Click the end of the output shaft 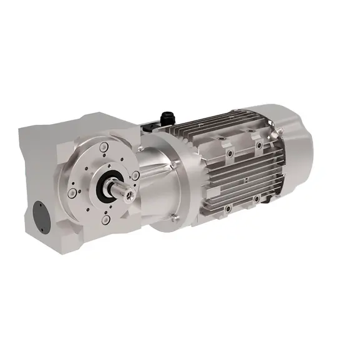click(x=129, y=194)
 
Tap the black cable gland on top click(x=167, y=116)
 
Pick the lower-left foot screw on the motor click(x=228, y=207)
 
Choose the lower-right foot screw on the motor click(x=256, y=199)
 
